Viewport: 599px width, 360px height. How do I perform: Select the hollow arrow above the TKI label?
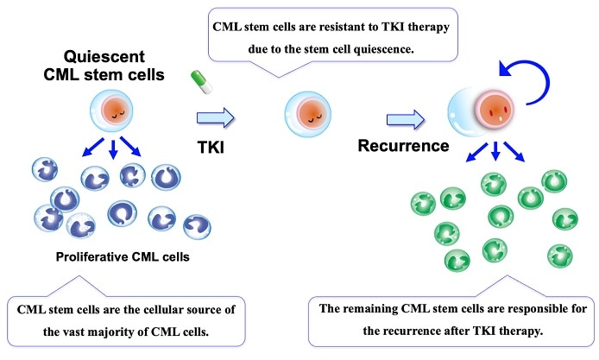pos(216,116)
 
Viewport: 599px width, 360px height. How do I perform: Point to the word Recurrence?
pos(404,145)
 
